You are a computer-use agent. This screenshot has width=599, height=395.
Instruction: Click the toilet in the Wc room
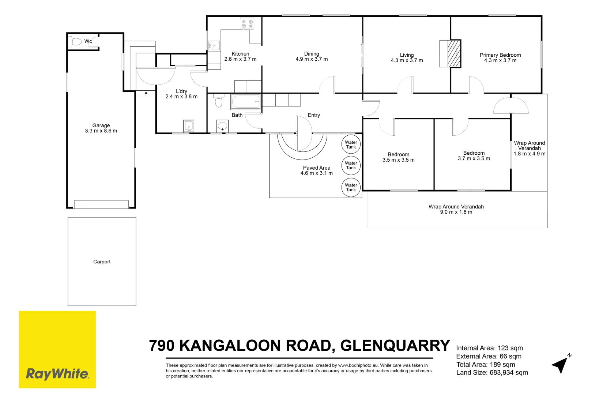[76, 42]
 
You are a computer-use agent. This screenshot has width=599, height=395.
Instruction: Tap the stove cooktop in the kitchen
[247, 24]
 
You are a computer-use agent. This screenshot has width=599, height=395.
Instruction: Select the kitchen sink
[214, 46]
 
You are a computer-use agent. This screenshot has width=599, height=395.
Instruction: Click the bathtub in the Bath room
[246, 102]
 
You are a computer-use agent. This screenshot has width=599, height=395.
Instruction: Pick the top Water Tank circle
[351, 144]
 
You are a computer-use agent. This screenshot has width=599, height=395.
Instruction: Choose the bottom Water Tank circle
[351, 187]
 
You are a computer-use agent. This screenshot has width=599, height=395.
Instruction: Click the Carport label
[102, 262]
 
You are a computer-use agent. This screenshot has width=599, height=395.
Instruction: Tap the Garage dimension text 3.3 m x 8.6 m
[101, 131]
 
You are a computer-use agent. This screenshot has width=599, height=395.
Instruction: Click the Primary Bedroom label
[500, 55]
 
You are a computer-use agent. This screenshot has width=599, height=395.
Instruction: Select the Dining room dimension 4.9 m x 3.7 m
[312, 59]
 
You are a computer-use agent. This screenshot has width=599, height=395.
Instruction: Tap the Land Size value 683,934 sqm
[509, 373]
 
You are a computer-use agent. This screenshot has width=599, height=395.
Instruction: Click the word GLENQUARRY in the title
[395, 346]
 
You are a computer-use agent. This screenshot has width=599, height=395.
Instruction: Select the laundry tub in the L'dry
[189, 126]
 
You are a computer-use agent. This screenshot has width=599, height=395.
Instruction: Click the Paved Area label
[316, 168]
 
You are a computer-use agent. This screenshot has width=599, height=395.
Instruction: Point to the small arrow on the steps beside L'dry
[146, 94]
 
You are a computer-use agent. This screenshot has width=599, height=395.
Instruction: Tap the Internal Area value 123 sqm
[510, 348]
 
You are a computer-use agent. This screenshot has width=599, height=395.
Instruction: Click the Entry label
[313, 115]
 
